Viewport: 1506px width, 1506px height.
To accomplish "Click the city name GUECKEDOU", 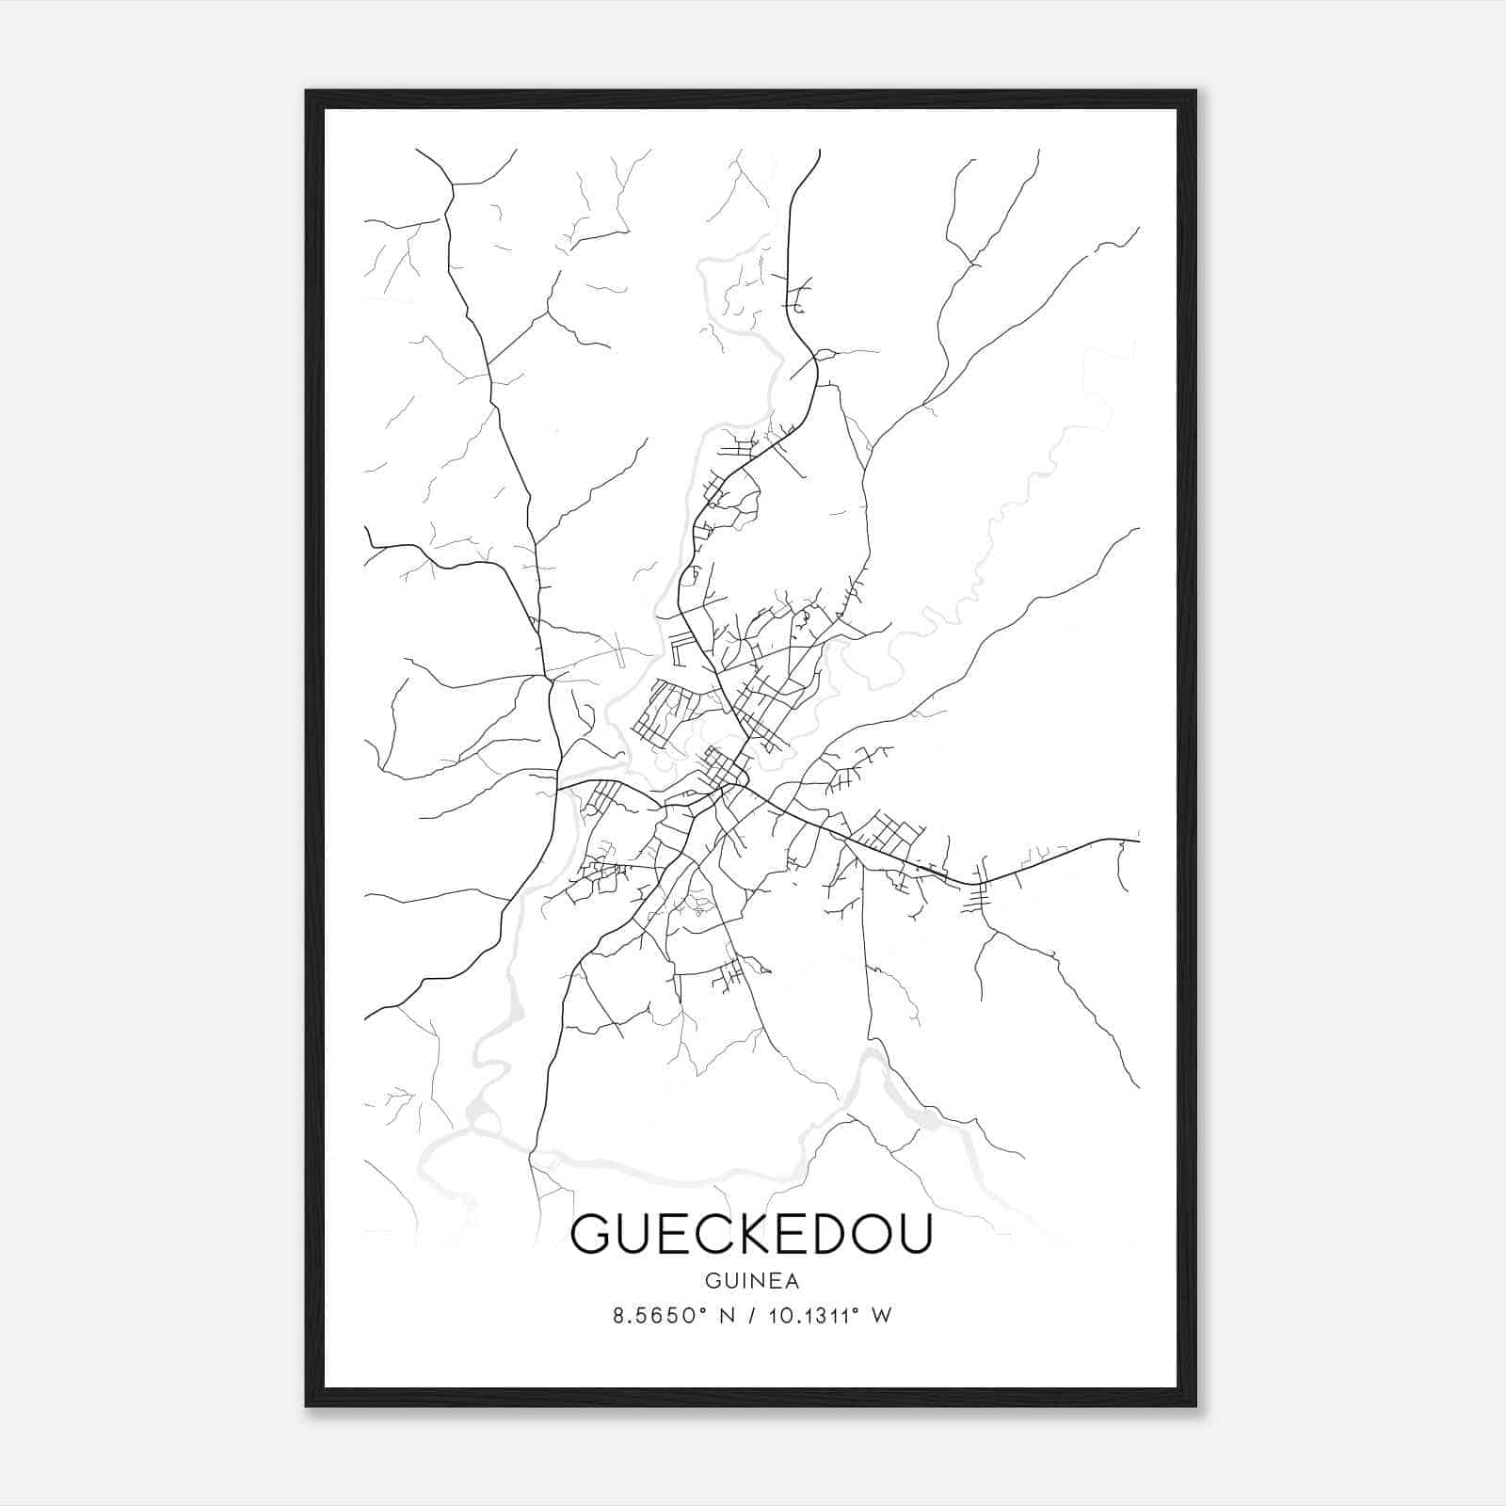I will pyautogui.click(x=751, y=1233).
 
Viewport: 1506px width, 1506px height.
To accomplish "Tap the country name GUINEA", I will pyautogui.click(x=751, y=1281).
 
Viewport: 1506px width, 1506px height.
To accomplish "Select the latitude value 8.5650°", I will pyautogui.click(x=655, y=1316).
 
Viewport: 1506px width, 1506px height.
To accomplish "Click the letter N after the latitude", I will pyautogui.click(x=725, y=1316).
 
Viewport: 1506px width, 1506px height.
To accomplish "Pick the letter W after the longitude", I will pyautogui.click(x=881, y=1316).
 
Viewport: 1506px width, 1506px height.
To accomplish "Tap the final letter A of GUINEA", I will pyautogui.click(x=792, y=1281).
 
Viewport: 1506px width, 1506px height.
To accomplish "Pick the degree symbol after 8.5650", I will pyautogui.click(x=701, y=1310).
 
